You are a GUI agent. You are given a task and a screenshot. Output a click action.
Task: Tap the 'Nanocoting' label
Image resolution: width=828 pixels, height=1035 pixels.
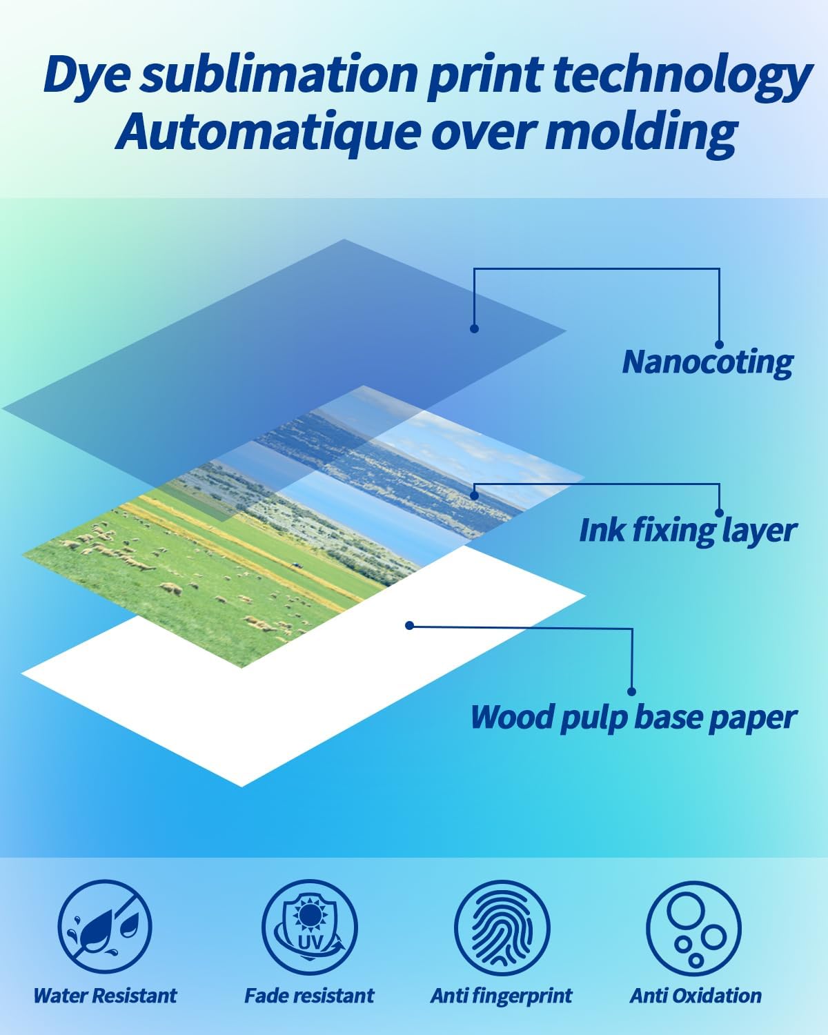(x=707, y=362)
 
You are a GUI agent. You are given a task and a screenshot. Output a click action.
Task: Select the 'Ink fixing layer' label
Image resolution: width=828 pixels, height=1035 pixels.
(x=687, y=530)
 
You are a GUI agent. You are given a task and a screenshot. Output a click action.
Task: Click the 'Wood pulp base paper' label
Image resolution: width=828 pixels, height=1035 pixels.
(x=633, y=717)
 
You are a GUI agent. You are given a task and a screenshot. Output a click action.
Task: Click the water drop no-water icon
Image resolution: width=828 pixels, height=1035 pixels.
(x=104, y=926)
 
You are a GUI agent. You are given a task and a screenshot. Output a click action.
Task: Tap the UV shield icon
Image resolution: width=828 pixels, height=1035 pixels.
(x=309, y=926)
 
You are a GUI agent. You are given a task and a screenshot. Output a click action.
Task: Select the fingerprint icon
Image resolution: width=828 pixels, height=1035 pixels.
(x=502, y=926)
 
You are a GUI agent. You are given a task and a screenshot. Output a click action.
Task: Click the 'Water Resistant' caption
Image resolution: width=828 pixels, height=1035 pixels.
(x=105, y=996)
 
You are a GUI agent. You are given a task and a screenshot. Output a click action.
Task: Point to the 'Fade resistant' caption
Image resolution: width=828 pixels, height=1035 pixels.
(x=309, y=996)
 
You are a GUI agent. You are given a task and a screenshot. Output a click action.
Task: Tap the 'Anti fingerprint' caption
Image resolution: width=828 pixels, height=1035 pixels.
(x=502, y=996)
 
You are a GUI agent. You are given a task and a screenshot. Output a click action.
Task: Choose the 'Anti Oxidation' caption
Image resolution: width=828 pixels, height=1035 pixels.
(x=696, y=996)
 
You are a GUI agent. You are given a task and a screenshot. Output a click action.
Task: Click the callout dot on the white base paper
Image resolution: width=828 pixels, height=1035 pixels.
(x=409, y=626)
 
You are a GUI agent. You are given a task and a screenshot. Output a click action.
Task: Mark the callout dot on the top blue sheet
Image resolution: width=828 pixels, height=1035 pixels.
(x=474, y=328)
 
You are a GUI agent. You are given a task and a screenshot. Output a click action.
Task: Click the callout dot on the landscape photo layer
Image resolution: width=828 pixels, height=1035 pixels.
(x=474, y=495)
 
